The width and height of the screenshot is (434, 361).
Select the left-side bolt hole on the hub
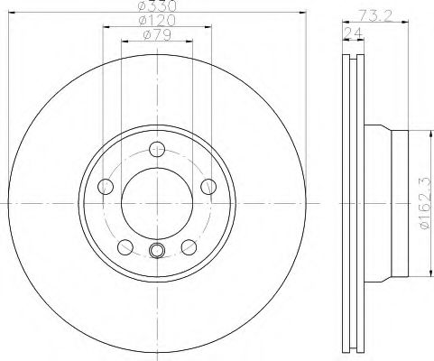[x=105, y=187]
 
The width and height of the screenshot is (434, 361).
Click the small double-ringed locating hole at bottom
[x=158, y=252]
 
